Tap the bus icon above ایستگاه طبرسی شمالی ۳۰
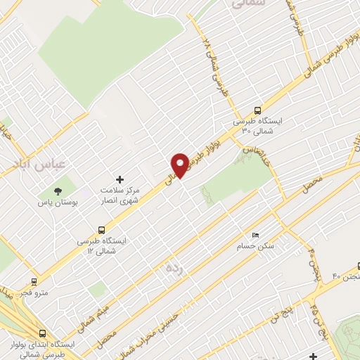[258, 111]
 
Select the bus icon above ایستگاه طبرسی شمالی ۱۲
[103, 229]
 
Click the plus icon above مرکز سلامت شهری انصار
[120, 180]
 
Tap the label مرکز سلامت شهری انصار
[128, 195]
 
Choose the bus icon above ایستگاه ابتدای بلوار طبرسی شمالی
[44, 334]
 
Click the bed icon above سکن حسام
[255, 236]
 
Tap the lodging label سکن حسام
[258, 247]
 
